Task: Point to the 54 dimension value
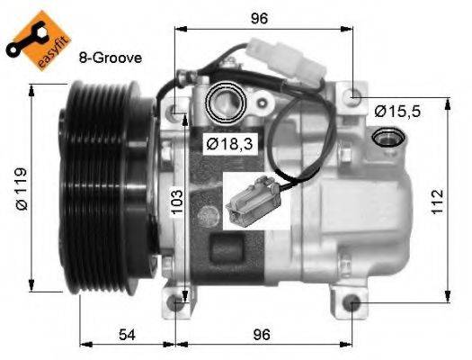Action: [128, 334]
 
